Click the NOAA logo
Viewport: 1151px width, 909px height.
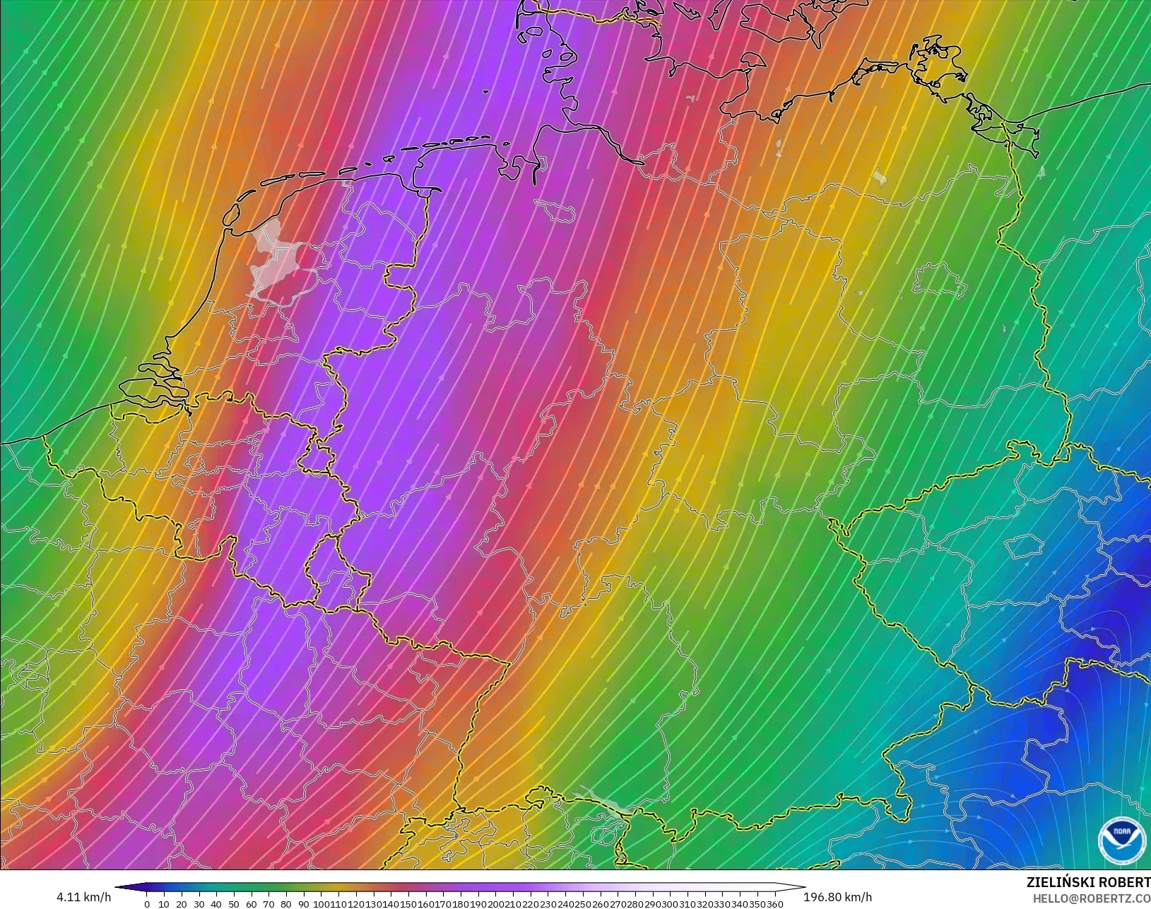coord(1121,840)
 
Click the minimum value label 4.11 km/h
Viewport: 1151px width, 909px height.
coord(83,897)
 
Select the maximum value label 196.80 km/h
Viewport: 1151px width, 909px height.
coord(837,897)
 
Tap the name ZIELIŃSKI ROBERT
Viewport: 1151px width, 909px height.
coord(1088,883)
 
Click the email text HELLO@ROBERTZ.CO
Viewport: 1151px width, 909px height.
coord(1092,898)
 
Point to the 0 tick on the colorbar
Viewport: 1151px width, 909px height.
coord(147,903)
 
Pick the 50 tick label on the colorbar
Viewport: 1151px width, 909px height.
coord(234,903)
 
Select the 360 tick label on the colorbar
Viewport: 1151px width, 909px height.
coord(775,903)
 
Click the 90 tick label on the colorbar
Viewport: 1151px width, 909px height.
coord(303,903)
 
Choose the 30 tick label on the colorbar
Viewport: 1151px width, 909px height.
coord(199,903)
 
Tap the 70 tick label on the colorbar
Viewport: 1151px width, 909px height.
coord(268,903)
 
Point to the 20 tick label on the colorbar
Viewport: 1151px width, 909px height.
coord(182,903)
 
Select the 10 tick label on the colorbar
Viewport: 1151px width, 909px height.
coord(164,903)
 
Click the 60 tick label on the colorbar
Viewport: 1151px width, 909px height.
coord(252,903)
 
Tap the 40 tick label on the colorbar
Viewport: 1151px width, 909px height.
coord(216,903)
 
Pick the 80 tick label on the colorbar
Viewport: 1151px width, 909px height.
coord(286,903)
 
